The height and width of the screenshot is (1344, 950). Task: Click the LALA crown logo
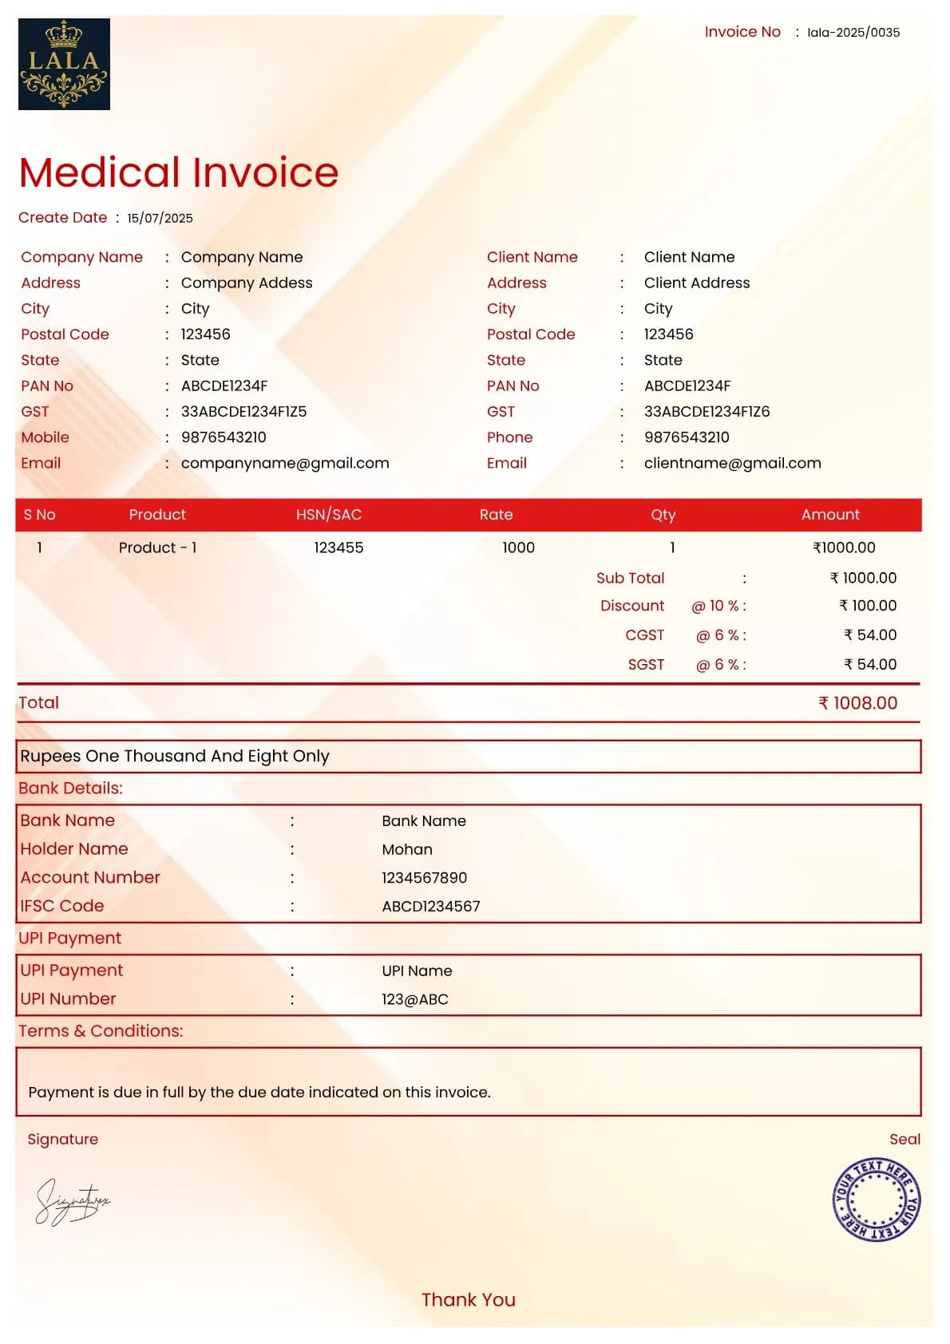[64, 64]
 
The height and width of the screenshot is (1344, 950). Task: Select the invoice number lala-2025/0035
[853, 33]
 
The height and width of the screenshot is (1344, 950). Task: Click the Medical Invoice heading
[179, 172]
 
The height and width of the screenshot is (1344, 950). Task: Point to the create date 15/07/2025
[160, 218]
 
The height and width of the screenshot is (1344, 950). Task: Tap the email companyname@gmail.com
[285, 463]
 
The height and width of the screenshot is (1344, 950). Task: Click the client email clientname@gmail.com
[732, 463]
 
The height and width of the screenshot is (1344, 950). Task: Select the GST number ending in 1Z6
[707, 412]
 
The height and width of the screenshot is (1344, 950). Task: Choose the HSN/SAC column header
[329, 515]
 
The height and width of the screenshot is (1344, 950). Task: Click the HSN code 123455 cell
[338, 547]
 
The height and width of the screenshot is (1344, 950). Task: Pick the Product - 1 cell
[157, 547]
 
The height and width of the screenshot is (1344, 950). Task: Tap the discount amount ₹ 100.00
[868, 606]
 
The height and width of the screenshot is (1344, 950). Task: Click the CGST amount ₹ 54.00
[870, 635]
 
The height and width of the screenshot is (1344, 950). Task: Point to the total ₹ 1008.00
[857, 703]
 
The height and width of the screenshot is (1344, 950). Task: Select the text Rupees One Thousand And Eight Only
[175, 756]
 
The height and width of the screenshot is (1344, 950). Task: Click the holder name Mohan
[407, 849]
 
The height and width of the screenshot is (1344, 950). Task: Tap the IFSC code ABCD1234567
[431, 907]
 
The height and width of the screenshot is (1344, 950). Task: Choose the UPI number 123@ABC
[415, 999]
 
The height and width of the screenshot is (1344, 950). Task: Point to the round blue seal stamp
[876, 1200]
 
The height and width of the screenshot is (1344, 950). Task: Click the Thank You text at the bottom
[469, 1300]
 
